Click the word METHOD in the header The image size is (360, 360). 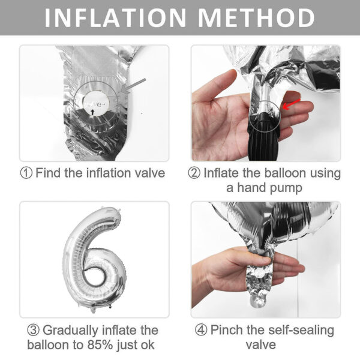click(256, 18)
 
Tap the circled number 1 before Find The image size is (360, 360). click(26, 173)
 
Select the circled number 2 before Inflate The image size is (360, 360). click(194, 173)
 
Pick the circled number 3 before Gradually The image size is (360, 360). click(33, 330)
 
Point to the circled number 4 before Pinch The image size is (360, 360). click(201, 330)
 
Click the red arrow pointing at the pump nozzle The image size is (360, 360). click(291, 104)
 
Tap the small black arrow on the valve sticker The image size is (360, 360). click(92, 112)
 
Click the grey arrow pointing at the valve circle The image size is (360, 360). click(134, 86)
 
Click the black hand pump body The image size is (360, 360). click(264, 138)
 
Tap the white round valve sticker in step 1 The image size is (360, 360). click(96, 103)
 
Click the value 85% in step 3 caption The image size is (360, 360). click(100, 345)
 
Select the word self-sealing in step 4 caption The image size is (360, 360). click(301, 331)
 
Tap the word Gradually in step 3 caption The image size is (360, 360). click(70, 331)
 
